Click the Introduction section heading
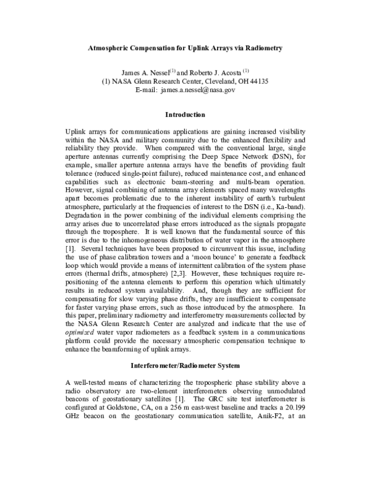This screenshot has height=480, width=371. (185, 114)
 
